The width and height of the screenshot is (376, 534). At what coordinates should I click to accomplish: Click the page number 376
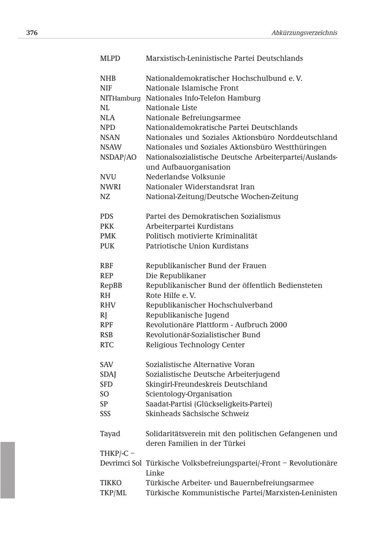[x=32, y=33]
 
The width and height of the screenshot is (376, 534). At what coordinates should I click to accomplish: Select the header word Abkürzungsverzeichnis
[x=304, y=33]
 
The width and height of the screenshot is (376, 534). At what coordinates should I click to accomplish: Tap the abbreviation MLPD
[x=110, y=58]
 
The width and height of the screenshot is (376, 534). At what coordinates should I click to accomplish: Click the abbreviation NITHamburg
[x=120, y=98]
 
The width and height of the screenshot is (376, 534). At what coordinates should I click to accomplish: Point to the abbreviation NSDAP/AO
[x=118, y=158]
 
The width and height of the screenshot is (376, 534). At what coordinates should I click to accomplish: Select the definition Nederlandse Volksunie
[x=185, y=177]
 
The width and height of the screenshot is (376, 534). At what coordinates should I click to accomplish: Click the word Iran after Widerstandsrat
[x=247, y=187]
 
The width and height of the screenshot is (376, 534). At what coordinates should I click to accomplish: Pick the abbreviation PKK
[x=107, y=226]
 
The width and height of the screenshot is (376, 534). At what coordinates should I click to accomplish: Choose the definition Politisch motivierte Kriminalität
[x=201, y=236]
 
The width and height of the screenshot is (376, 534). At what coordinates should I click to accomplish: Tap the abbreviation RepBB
[x=111, y=286]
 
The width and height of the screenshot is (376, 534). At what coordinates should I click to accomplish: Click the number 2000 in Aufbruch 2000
[x=278, y=325]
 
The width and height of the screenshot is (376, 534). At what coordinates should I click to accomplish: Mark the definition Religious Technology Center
[x=195, y=345]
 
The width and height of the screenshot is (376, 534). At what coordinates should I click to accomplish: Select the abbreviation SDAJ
[x=108, y=374]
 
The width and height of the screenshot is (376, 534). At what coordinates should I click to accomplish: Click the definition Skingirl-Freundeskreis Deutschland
[x=206, y=384]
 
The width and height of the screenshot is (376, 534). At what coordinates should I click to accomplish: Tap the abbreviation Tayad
[x=110, y=434]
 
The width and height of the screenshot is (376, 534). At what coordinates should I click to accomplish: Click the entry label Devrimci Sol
[x=120, y=463]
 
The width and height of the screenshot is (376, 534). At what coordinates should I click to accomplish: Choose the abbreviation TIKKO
[x=111, y=483]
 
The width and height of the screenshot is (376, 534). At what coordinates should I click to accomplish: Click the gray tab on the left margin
[x=8, y=470]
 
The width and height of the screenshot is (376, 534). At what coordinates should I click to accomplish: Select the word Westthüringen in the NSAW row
[x=300, y=147]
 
